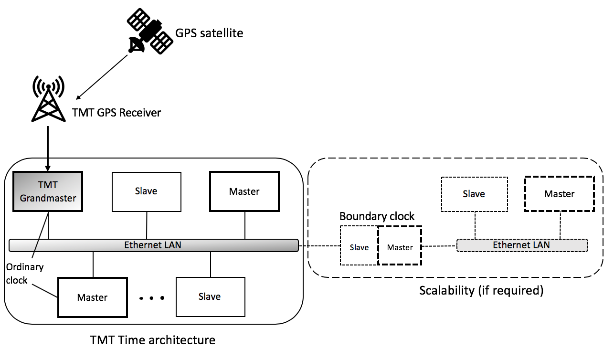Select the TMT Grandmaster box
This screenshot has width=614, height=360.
click(x=48, y=191)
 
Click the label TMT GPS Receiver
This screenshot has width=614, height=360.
click(x=116, y=113)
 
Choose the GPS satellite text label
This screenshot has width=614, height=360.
click(x=209, y=33)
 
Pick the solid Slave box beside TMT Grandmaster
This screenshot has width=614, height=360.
click(x=146, y=191)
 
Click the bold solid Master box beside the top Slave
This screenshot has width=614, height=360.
click(x=244, y=191)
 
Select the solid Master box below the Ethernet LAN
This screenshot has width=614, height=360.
click(x=93, y=297)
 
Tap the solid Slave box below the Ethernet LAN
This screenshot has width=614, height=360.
click(x=210, y=296)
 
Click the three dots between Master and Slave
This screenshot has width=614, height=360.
click(x=152, y=298)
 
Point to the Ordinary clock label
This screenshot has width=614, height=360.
click(x=24, y=274)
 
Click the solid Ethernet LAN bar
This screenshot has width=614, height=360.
click(x=153, y=245)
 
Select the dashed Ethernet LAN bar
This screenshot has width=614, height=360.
click(x=522, y=245)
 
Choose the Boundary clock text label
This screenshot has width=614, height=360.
click(x=377, y=216)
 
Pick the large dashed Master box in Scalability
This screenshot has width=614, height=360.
click(x=559, y=194)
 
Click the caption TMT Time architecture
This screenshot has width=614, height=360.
click(x=153, y=340)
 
